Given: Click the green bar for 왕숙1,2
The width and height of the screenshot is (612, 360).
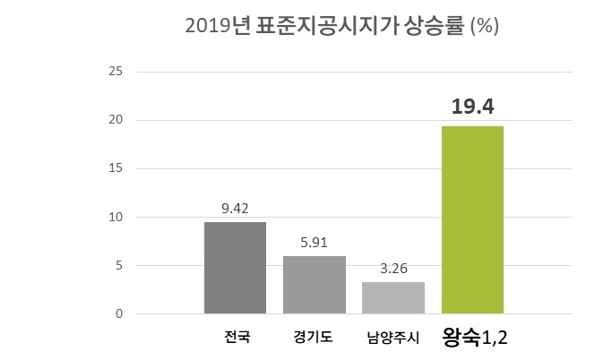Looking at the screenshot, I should point(472,219).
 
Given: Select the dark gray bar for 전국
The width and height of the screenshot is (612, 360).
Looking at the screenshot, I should point(235,268).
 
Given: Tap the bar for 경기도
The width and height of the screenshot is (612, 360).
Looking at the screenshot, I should point(314,285).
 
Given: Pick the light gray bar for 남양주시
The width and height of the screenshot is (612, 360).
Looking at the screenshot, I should point(392,297).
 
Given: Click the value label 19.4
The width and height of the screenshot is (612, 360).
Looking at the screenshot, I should point(472,108).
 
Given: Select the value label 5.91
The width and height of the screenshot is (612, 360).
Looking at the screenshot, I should point(314,243).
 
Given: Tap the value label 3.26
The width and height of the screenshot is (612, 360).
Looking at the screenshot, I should point(392,268).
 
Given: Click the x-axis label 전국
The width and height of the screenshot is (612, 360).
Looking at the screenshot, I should point(237,339).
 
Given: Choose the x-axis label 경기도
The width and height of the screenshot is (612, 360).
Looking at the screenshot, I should point(314,339).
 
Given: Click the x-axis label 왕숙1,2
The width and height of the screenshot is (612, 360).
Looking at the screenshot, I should point(478,338).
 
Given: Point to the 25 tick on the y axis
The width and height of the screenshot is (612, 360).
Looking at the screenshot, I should point(116,71).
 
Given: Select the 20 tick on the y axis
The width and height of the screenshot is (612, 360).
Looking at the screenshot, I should point(116,120).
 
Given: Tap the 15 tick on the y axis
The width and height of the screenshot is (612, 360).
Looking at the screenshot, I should point(116,168).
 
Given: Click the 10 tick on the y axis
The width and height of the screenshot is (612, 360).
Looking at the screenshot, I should point(116,217).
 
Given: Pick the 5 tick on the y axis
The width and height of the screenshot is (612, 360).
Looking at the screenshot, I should point(118,266).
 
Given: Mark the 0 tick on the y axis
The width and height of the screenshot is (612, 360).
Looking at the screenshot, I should point(118,314).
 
